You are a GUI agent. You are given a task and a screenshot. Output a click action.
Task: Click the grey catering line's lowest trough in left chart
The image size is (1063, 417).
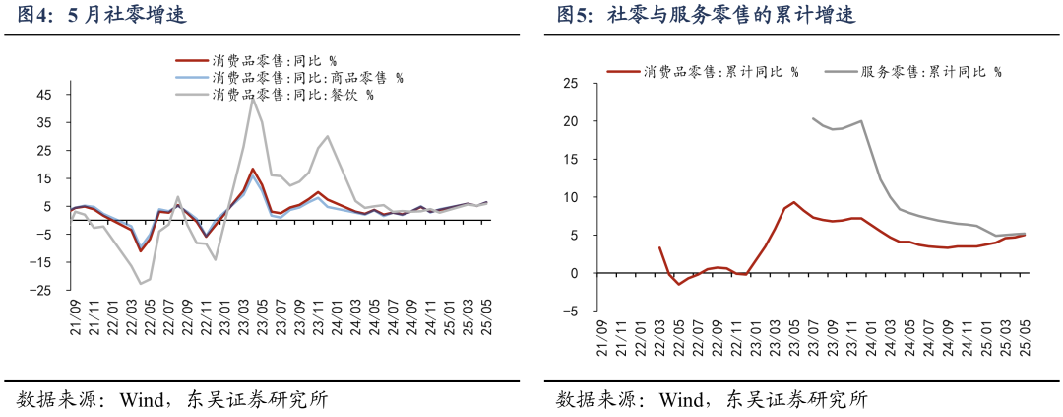pos(141,284)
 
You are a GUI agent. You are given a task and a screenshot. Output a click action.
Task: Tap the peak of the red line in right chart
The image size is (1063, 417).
pos(793,202)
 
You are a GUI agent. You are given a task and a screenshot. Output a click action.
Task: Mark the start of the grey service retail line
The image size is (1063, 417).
pos(813,118)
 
